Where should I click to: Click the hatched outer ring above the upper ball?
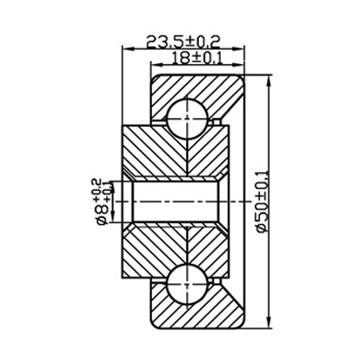coord(193,85)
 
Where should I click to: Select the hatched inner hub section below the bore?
coord(171,243)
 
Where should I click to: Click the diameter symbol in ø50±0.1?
coord(262,231)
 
